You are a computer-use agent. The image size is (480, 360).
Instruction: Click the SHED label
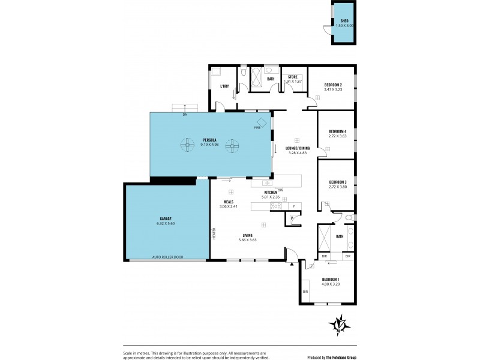(344, 20)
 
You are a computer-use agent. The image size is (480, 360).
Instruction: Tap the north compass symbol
(339, 326)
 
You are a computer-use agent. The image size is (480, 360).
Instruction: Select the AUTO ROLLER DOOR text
(168, 257)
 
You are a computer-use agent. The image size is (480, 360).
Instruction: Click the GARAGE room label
(166, 218)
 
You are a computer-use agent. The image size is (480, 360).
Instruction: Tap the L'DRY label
(224, 86)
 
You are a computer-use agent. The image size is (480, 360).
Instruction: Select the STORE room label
(292, 77)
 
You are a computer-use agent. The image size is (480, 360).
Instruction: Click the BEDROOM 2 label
(333, 85)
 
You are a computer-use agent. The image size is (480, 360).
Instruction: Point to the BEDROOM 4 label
(338, 131)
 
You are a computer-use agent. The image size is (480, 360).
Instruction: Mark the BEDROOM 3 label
(338, 182)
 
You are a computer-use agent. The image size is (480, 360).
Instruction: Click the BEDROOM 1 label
(331, 280)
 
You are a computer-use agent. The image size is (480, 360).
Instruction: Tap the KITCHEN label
(271, 192)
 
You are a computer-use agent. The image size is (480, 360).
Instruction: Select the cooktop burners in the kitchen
(277, 206)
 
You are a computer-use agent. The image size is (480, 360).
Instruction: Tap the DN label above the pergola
(185, 113)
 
